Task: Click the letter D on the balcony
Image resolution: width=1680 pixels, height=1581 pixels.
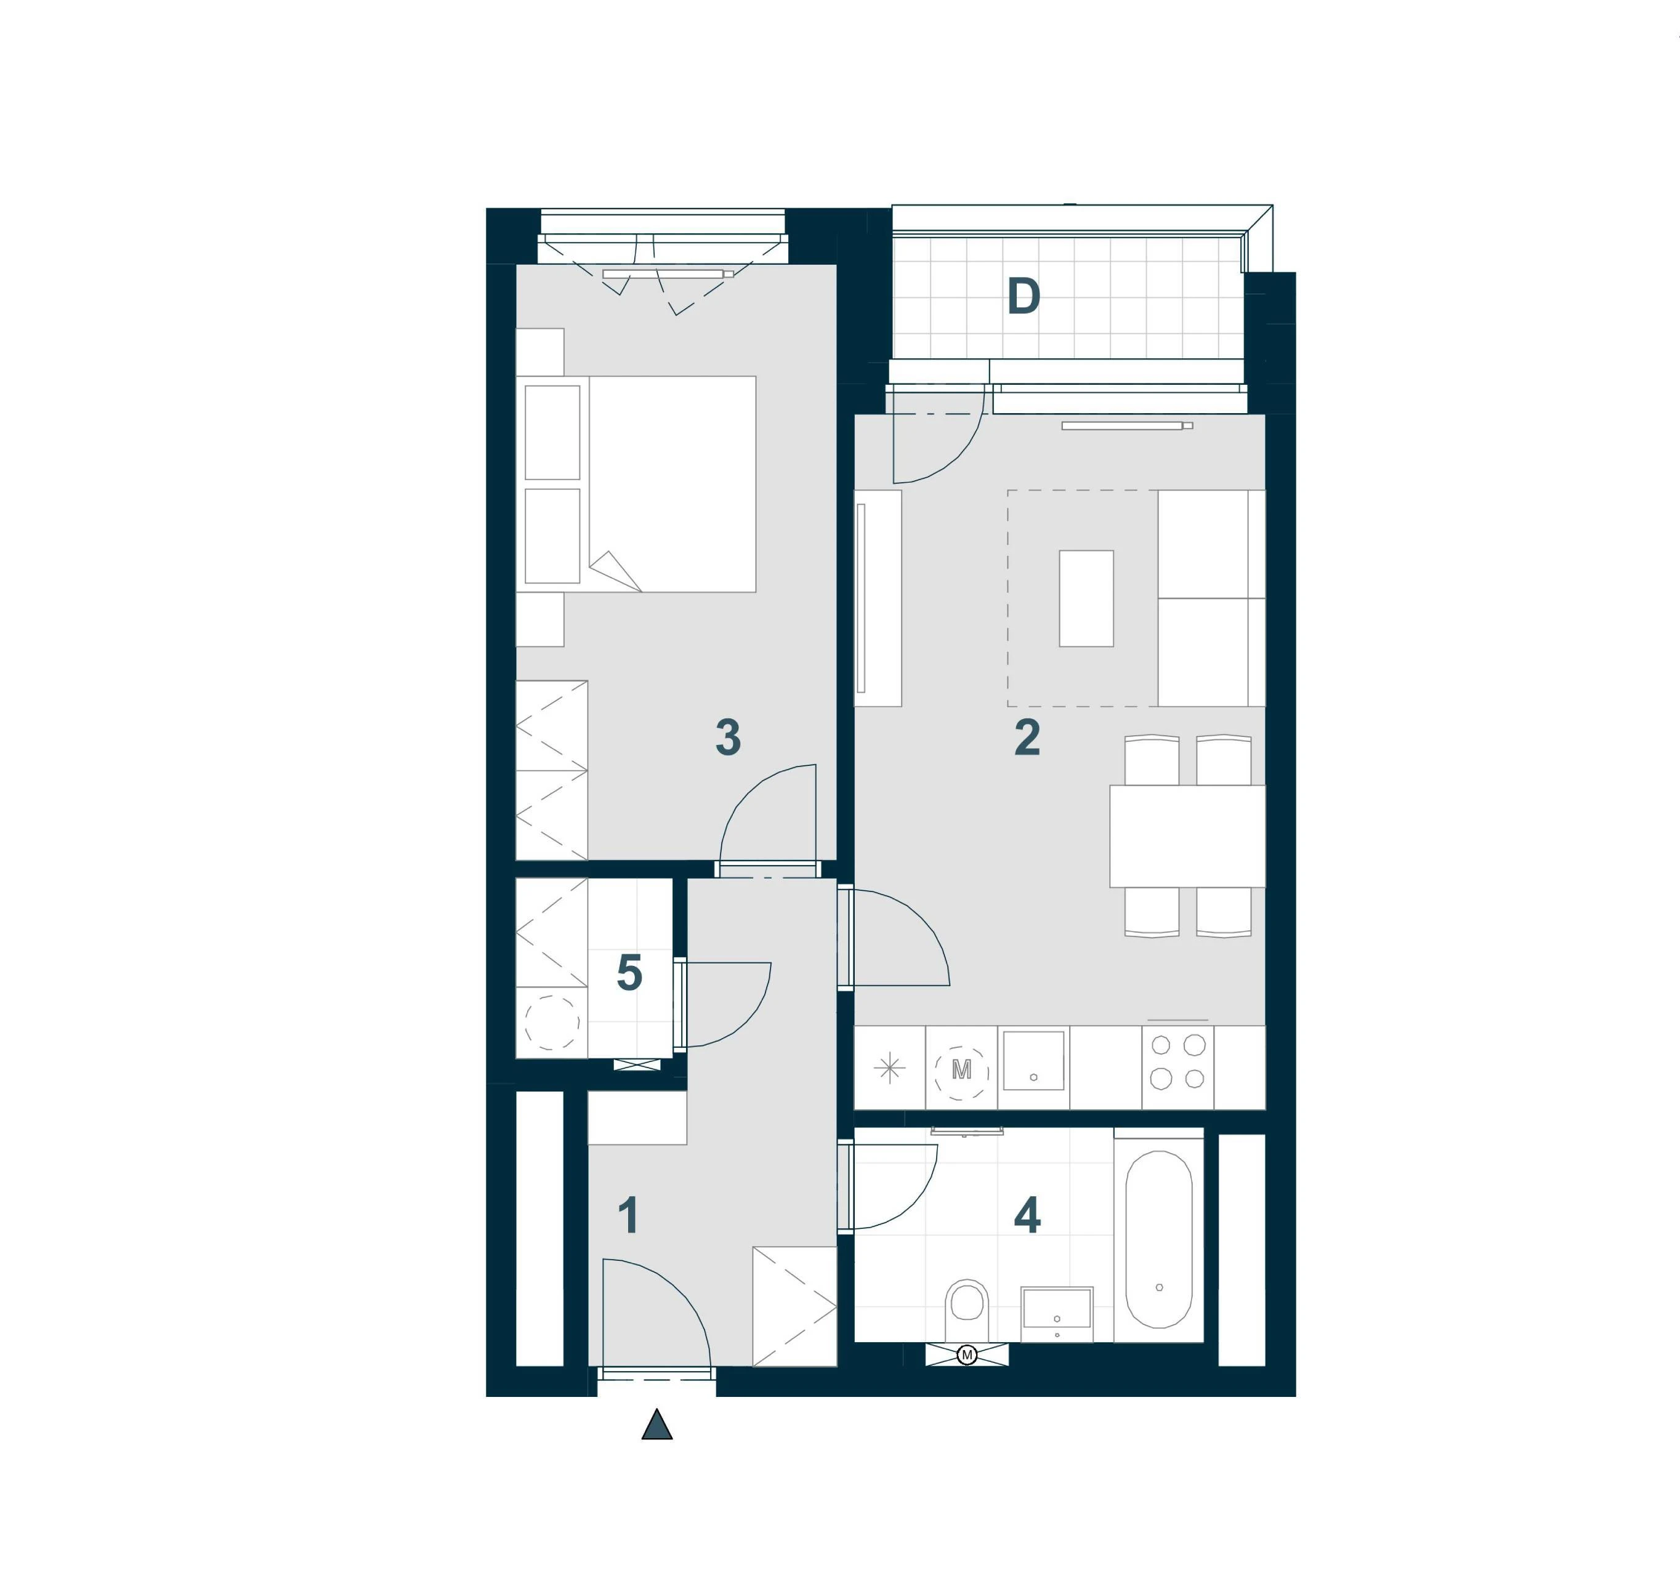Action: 1024,297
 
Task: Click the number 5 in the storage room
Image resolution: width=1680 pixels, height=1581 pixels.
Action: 629,973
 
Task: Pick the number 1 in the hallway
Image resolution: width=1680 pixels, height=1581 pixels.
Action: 628,1216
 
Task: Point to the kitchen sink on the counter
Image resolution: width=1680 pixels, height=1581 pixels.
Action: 1033,1060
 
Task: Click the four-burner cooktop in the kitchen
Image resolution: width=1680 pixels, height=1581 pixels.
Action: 1177,1062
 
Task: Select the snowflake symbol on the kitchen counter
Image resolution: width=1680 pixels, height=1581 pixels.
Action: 889,1069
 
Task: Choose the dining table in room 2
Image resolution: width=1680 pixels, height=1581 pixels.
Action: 1187,837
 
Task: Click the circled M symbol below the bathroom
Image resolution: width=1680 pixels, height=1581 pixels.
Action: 967,1356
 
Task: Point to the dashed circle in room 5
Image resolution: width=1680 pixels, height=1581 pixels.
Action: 552,1023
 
